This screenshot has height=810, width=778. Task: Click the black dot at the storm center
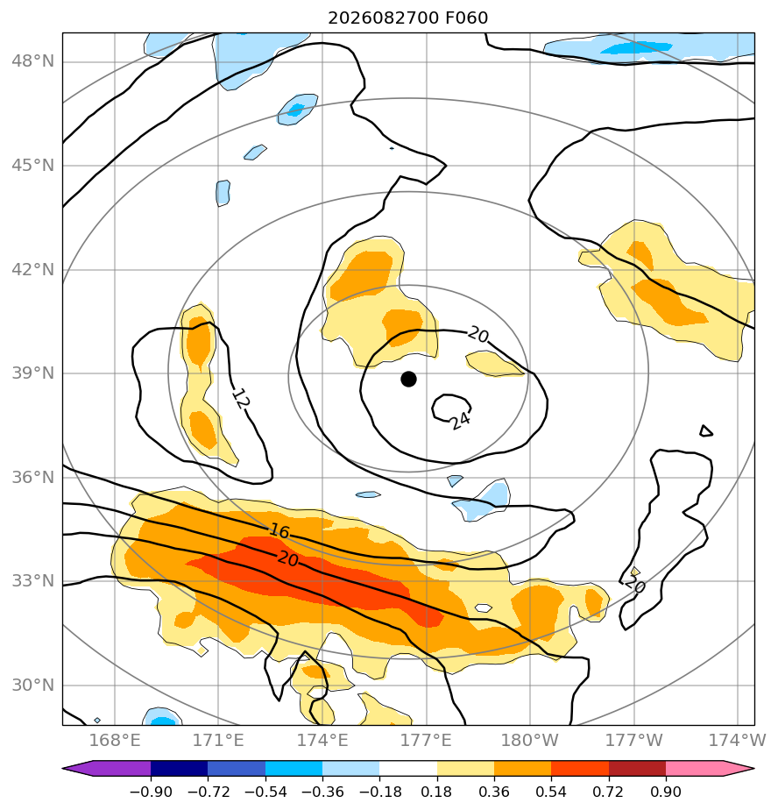[x=408, y=379]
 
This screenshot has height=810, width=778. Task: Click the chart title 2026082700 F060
[x=408, y=18]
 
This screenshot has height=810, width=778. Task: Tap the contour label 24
[x=459, y=420]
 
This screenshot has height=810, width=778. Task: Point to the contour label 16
[x=279, y=530]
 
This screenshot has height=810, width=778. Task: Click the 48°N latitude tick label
[x=33, y=61]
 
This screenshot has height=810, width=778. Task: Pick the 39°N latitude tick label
[x=33, y=373]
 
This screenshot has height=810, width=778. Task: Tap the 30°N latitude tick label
[x=33, y=685]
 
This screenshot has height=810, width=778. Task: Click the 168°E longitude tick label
[x=115, y=740]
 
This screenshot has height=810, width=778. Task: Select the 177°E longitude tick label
[x=427, y=740]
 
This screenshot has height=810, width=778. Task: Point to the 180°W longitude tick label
[x=530, y=740]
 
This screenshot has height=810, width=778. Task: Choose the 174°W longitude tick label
[x=738, y=740]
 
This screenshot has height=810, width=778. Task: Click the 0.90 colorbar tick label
[x=666, y=792]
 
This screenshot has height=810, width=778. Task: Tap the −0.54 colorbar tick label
[x=265, y=792]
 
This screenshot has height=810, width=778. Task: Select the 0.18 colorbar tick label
[x=437, y=792]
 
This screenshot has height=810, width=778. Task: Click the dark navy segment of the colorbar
[x=179, y=768]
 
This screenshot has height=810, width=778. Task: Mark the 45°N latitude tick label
[x=33, y=166]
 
